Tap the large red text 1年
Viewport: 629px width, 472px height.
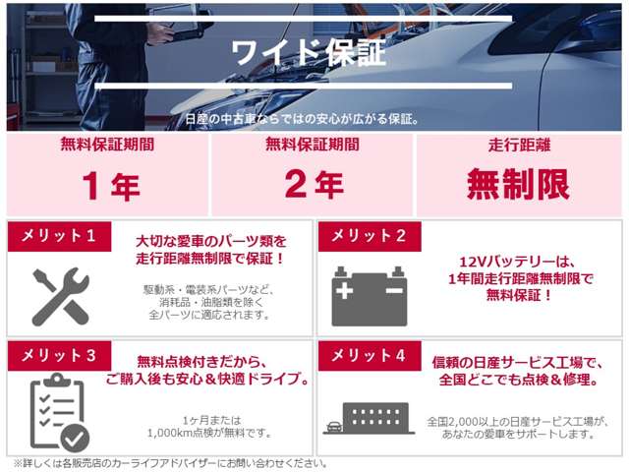[112, 184]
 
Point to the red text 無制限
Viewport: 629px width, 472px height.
[519, 184]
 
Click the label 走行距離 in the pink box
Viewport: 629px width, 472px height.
[519, 145]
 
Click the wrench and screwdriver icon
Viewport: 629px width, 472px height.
[60, 296]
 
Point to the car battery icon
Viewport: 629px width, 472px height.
[369, 296]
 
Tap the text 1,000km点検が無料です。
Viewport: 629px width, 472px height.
[209, 432]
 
